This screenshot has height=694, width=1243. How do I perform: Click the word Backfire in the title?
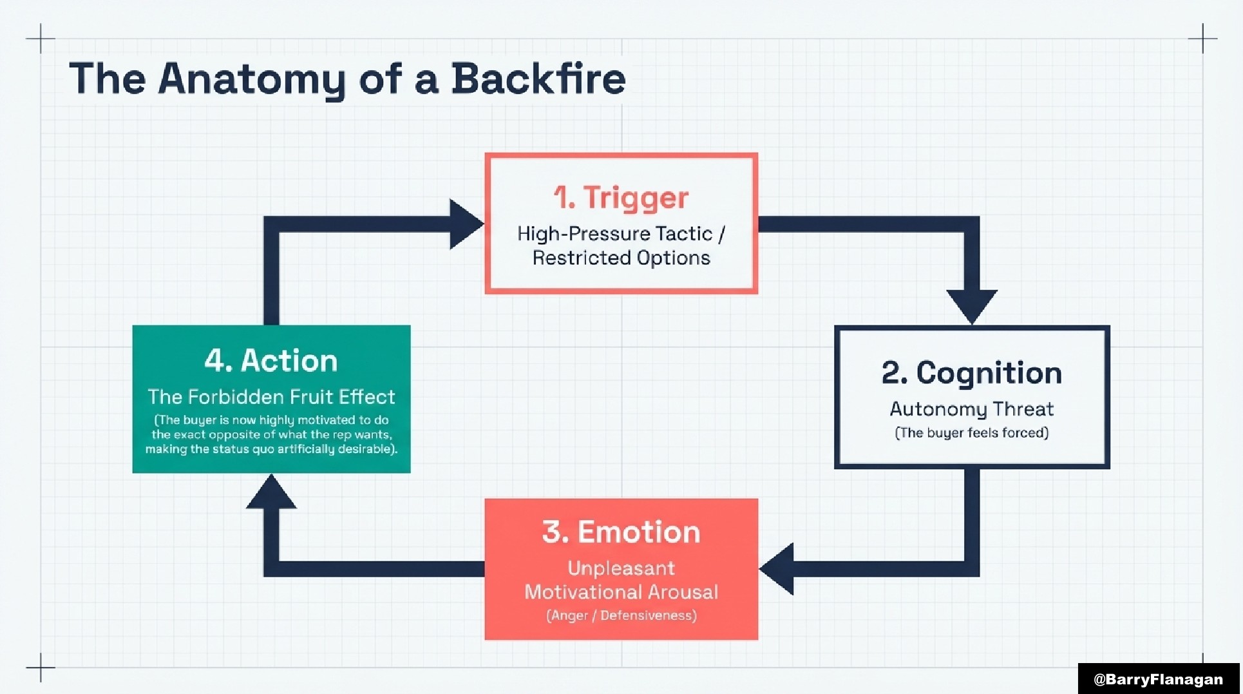(x=538, y=79)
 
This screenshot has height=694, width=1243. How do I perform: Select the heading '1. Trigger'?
(x=621, y=197)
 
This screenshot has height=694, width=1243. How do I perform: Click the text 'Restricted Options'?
(x=621, y=258)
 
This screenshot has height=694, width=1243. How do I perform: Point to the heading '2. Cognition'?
(x=971, y=373)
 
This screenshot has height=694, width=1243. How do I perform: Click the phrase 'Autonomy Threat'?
(x=971, y=409)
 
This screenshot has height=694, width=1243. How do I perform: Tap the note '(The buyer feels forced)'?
(x=971, y=433)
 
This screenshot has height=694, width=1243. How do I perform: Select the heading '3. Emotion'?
(x=621, y=532)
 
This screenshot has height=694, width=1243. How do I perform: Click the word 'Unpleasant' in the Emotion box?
(x=621, y=568)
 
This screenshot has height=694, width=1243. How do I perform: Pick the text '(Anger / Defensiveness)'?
(x=621, y=615)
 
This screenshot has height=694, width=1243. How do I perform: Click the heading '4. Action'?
(x=271, y=361)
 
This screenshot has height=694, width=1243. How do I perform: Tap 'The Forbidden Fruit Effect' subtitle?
(x=271, y=397)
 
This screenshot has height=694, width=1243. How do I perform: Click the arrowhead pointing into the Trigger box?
(x=465, y=224)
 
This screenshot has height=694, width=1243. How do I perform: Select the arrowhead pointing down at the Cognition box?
(x=971, y=305)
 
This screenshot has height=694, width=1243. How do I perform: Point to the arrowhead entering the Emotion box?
(x=778, y=568)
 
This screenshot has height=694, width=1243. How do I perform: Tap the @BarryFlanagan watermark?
(x=1158, y=679)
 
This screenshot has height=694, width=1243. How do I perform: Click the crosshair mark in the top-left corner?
(x=41, y=39)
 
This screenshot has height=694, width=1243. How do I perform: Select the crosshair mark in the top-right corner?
(x=1202, y=39)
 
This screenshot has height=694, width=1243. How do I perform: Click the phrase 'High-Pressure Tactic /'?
(x=621, y=233)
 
